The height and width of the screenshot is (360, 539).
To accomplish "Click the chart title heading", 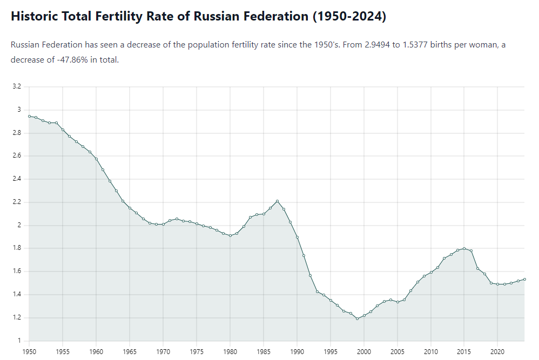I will (x=198, y=16).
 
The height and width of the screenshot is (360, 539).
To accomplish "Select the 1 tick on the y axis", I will (x=19, y=341).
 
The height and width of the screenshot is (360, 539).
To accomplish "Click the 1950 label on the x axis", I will (x=29, y=351).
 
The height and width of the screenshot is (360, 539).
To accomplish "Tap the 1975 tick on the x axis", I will (x=197, y=351).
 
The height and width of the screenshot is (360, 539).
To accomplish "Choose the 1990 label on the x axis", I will (x=297, y=351).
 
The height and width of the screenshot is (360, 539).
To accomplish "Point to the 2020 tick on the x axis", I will (x=497, y=351).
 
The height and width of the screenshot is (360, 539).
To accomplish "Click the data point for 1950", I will (x=29, y=116).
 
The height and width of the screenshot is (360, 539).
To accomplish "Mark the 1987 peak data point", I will (x=277, y=201).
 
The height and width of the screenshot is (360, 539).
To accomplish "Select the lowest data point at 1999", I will (x=357, y=318).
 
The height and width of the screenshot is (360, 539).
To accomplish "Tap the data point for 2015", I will (x=464, y=248).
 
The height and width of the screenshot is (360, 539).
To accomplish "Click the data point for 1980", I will (x=230, y=235).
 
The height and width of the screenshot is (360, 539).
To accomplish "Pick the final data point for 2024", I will (x=524, y=279).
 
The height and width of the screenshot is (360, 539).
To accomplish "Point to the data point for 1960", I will (x=96, y=159).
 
